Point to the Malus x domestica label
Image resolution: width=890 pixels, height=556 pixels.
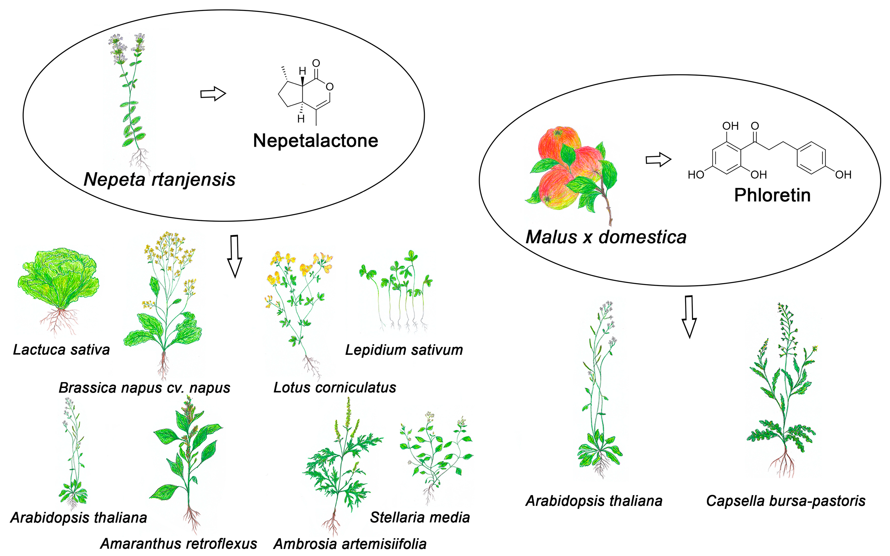(606, 237)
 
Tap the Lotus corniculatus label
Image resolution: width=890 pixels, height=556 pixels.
(335, 388)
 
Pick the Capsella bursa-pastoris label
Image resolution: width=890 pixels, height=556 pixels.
(785, 501)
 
